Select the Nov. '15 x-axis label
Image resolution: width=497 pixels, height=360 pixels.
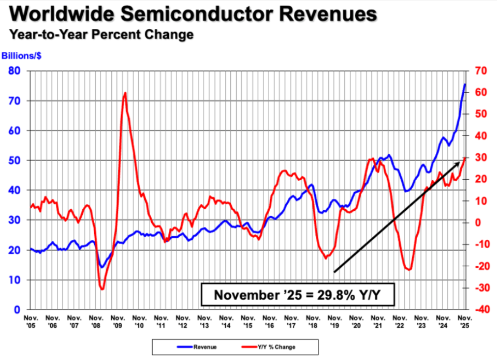point(247,321)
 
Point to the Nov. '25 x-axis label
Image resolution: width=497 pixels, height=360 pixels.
point(465,321)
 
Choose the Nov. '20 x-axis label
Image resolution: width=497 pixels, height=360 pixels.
point(356,321)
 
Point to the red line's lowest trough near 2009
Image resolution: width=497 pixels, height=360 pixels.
point(102,289)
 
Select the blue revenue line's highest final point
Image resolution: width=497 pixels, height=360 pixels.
point(464,84)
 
